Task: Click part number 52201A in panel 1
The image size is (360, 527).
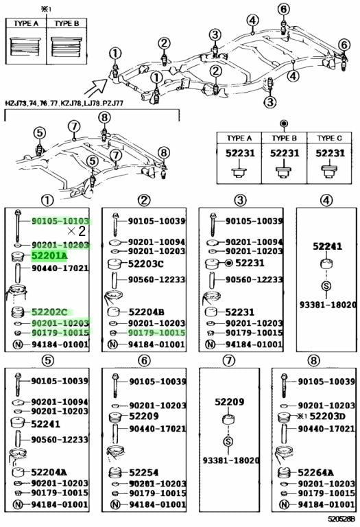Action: [49, 257]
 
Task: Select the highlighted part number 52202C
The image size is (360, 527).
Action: [49, 312]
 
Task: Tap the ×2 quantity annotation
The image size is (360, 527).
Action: [76, 231]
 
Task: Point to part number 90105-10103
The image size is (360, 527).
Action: [61, 221]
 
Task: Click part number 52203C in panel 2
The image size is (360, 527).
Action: [146, 263]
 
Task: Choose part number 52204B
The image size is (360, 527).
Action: [147, 312]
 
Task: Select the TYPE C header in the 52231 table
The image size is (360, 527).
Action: [329, 138]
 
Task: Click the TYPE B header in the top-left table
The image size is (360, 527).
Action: [67, 23]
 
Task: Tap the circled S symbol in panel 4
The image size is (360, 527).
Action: [326, 286]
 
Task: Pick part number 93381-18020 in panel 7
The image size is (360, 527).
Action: [231, 460]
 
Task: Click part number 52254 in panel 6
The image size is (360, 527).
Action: [144, 473]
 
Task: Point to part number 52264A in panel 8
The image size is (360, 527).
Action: [315, 473]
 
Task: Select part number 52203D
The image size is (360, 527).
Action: [327, 417]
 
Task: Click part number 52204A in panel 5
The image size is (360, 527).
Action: [49, 472]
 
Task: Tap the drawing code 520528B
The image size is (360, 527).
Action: [340, 519]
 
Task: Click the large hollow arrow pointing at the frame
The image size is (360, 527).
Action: [95, 88]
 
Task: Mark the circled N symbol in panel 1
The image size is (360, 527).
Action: [17, 344]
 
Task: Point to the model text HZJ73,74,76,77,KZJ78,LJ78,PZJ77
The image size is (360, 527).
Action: [64, 103]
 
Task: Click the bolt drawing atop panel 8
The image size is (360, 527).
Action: [285, 385]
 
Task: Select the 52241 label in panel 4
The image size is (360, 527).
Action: [327, 246]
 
